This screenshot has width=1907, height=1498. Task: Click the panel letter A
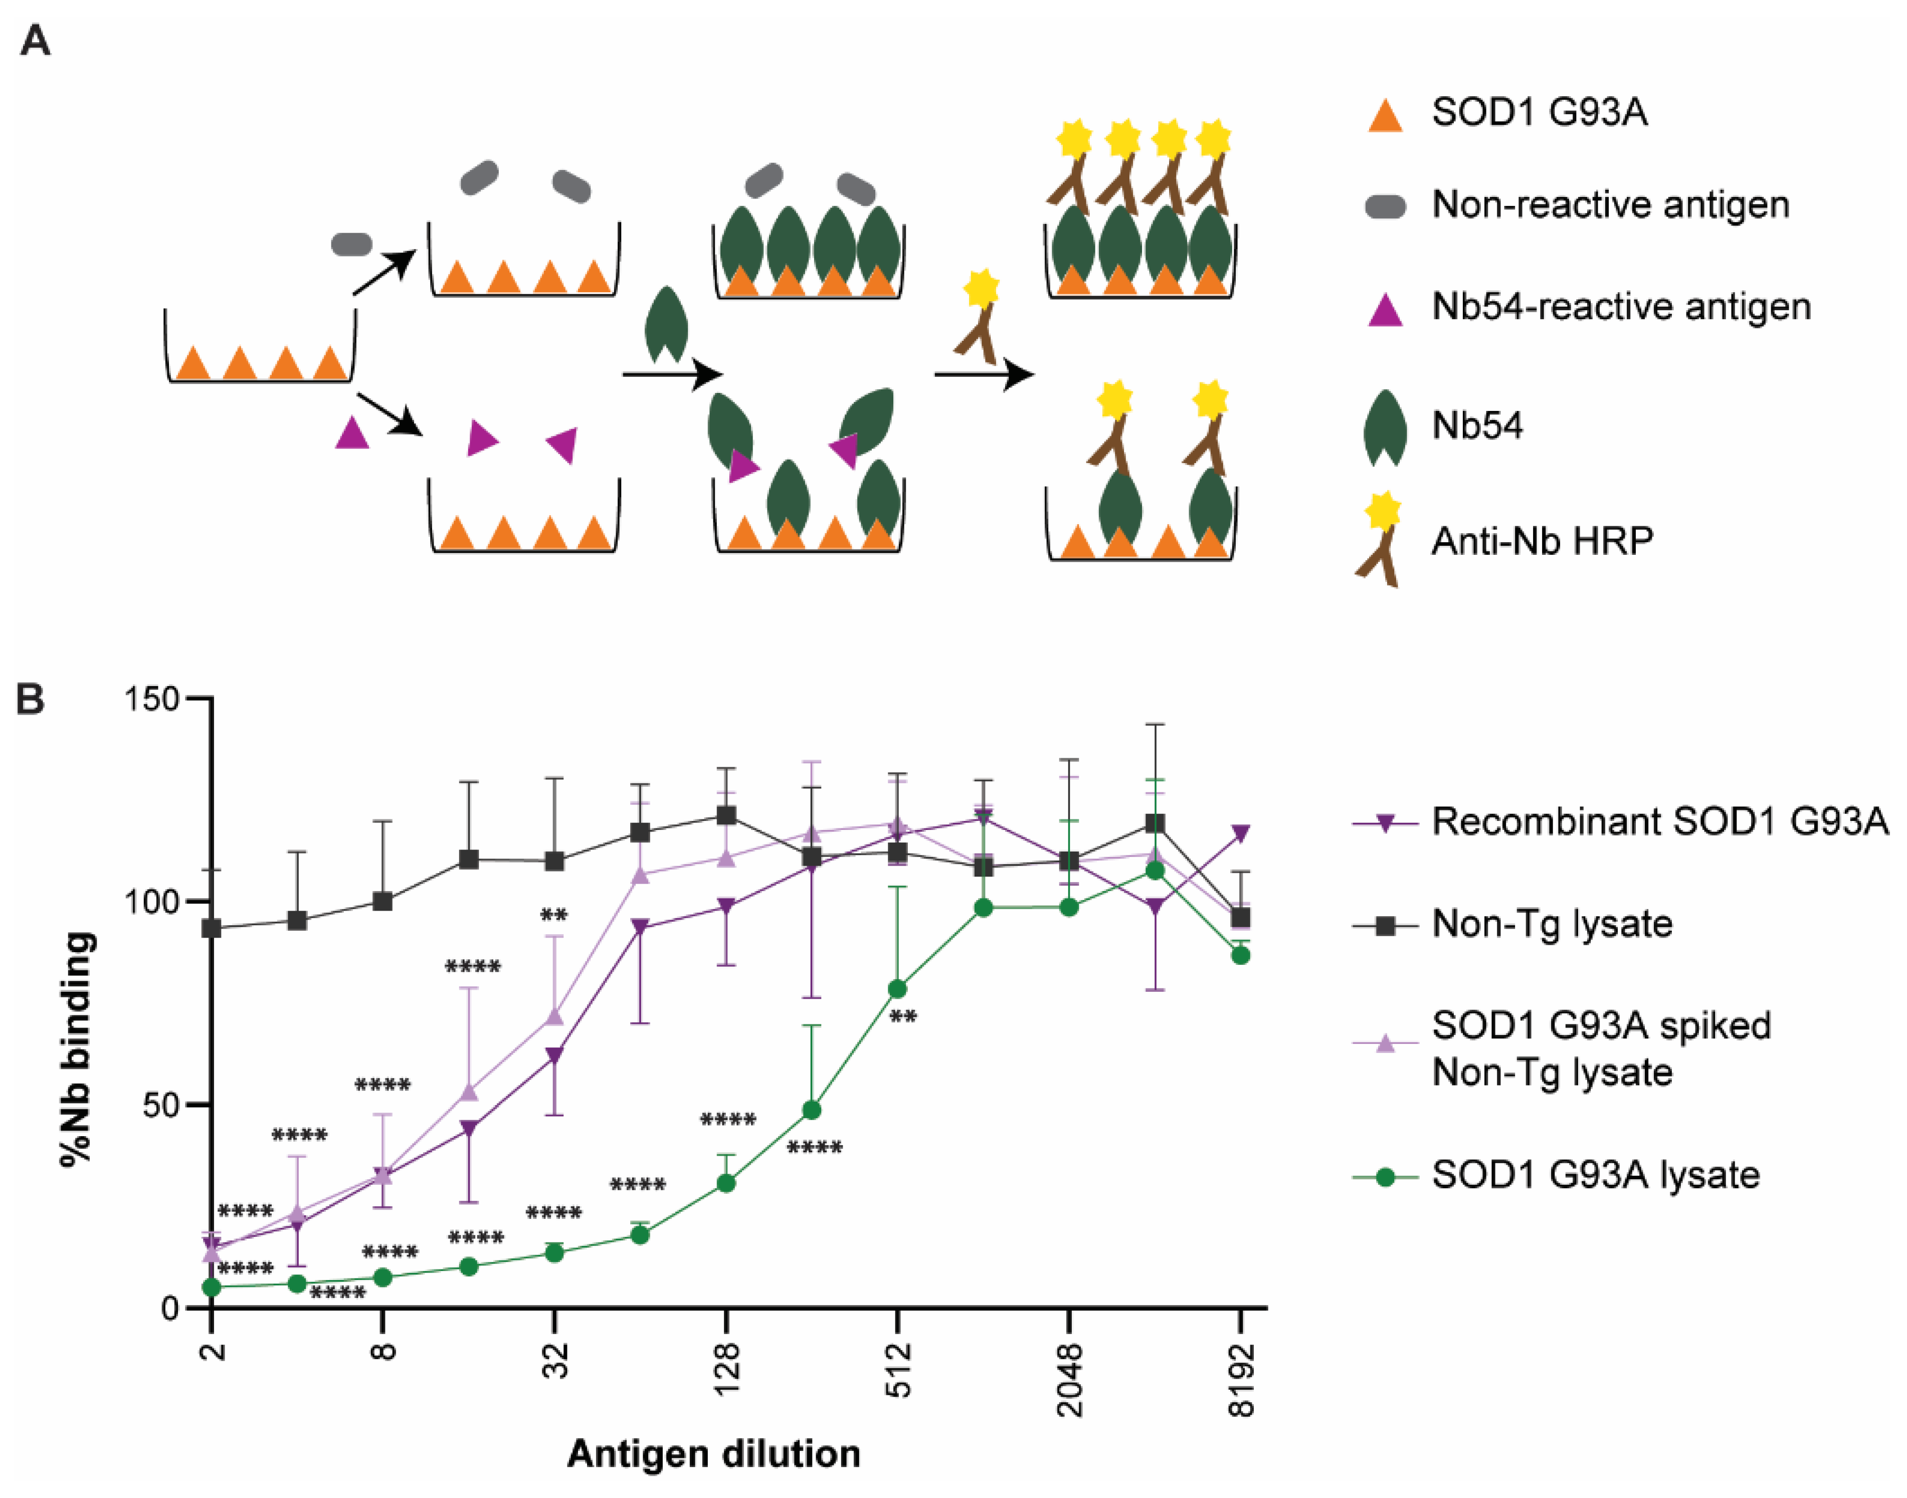(x=35, y=41)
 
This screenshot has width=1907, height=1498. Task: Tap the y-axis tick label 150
(x=151, y=699)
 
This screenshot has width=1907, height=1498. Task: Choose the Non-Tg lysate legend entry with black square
(x=1552, y=924)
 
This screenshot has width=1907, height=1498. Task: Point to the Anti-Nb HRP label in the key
(x=1541, y=540)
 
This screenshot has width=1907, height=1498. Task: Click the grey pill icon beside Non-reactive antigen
(x=1386, y=206)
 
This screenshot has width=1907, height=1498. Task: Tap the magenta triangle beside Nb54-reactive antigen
(x=1386, y=310)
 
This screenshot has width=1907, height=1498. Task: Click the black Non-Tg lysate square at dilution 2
(x=212, y=928)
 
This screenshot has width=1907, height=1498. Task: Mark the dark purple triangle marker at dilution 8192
(x=1240, y=833)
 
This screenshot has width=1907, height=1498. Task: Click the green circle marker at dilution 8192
(x=1240, y=955)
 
